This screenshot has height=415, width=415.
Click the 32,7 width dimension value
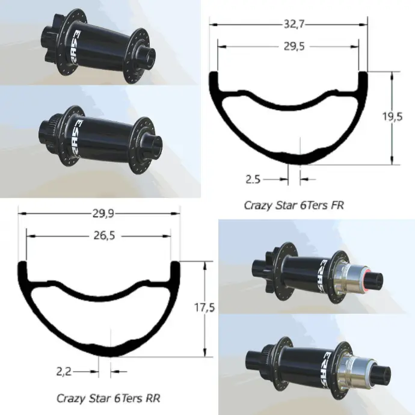(294, 24)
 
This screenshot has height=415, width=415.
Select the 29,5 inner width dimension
(294, 46)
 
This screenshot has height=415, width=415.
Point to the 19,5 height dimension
(393, 117)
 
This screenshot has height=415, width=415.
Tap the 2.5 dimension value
(253, 179)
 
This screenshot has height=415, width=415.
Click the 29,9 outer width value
(103, 214)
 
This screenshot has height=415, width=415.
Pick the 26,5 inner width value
(104, 236)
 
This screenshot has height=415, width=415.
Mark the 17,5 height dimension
(204, 307)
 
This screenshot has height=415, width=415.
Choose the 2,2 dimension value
(64, 372)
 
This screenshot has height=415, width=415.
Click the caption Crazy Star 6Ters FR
(294, 205)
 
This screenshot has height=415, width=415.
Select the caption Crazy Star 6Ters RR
(108, 398)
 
